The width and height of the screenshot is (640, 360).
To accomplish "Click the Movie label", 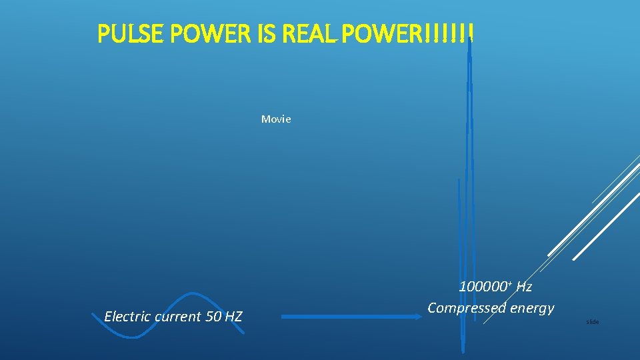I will tap(276, 119).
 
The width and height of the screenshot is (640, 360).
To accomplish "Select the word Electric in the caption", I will tap(127, 316).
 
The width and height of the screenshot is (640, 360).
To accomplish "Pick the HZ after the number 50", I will tap(233, 316).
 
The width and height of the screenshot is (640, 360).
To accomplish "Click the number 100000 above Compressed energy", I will tap(483, 287).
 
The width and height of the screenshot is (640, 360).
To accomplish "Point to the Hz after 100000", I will tap(523, 287).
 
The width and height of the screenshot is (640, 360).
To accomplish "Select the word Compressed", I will tap(467, 308).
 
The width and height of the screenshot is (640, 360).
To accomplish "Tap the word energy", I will tap(531, 308).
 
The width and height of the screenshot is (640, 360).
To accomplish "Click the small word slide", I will tap(592, 322).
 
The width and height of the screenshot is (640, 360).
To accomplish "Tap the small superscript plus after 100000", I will tap(509, 284).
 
